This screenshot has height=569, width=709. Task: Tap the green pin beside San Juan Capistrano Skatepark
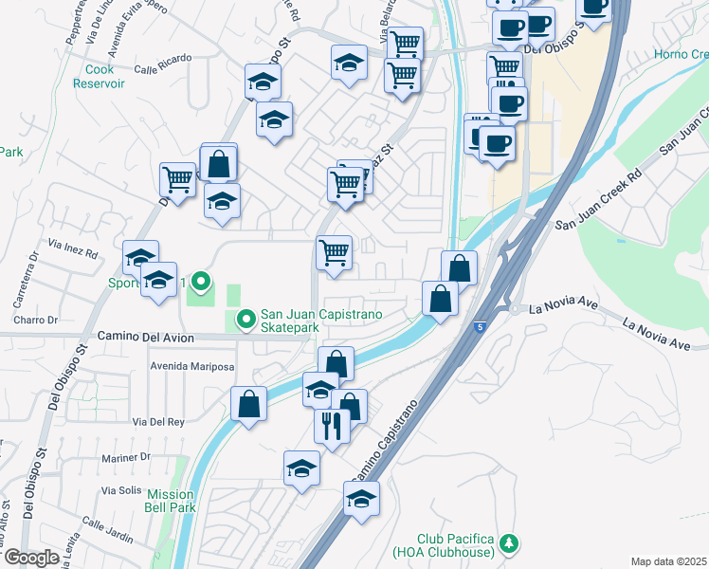pos(246,321)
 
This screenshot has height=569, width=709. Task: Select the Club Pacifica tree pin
pos(510,542)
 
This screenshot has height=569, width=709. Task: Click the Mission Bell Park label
pos(171,501)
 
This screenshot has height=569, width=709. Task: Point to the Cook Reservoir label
pos(100,76)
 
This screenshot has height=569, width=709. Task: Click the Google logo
pos(31,558)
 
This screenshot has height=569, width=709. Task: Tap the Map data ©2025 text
pos(667,561)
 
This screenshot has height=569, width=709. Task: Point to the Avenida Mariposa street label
pos(192,365)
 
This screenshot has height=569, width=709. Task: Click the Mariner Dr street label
pos(126,457)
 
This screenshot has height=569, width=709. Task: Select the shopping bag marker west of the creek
pos(247,404)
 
